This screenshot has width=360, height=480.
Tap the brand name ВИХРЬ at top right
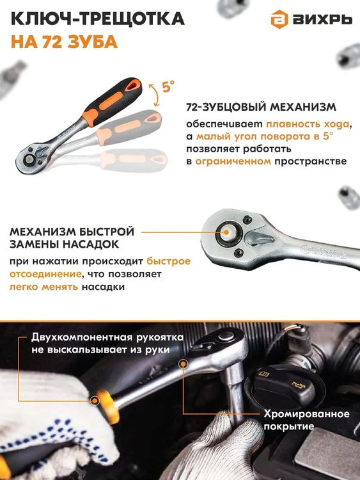323,20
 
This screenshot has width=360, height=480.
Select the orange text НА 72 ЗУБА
64,43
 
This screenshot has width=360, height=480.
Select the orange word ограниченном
233,161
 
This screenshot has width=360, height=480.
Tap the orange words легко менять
43,287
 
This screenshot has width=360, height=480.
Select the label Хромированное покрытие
306,420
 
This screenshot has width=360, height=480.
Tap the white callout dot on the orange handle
96,401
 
